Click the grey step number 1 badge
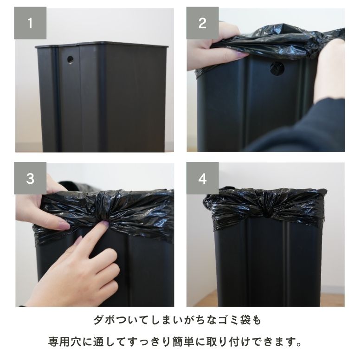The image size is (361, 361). tap(30, 23)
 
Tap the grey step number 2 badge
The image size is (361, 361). tap(202, 23)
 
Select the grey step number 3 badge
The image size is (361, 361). tap(30, 178)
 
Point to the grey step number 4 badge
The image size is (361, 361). tap(202, 178)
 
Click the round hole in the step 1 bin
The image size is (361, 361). tap(70, 60)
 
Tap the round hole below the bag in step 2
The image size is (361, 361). tap(277, 69)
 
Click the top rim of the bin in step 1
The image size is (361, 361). tap(102, 45)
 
